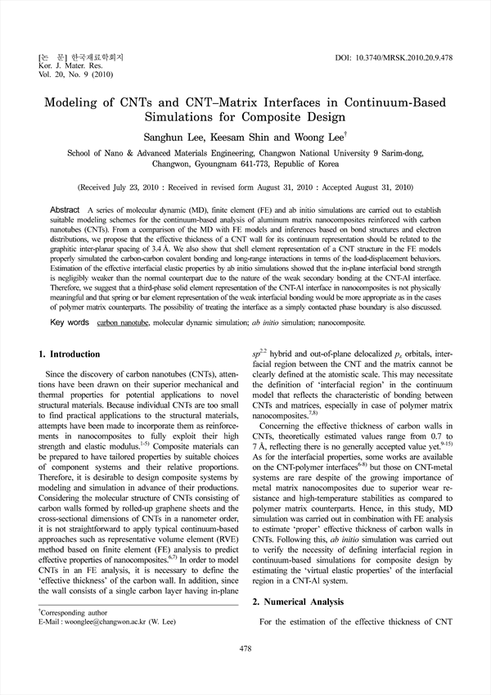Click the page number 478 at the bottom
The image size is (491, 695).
[x=245, y=648]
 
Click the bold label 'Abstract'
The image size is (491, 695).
[x=65, y=210]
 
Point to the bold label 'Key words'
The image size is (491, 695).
[x=70, y=323]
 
